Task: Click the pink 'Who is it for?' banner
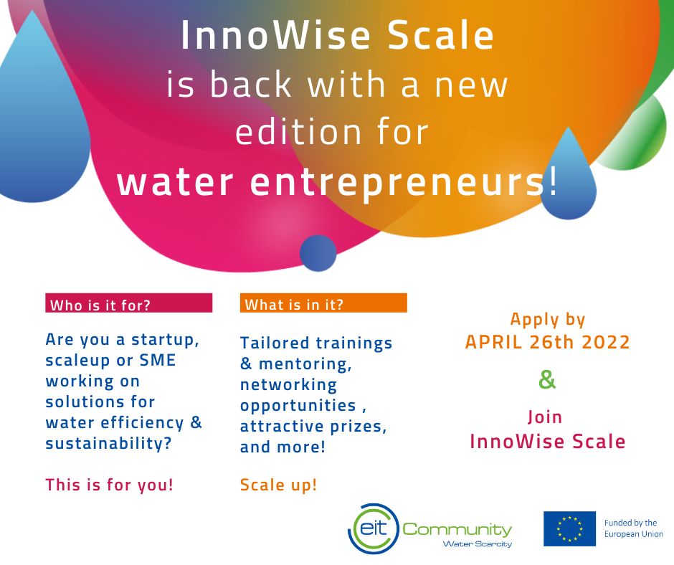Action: tap(129, 303)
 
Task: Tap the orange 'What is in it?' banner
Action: tap(323, 303)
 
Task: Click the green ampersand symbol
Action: tap(547, 380)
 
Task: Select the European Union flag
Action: tap(569, 528)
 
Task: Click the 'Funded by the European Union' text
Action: tap(634, 528)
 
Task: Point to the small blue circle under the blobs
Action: tap(318, 253)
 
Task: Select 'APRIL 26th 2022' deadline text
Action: tap(548, 342)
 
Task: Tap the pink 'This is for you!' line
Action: tap(110, 485)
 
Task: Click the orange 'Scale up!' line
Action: tap(278, 485)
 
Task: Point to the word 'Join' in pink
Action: tap(545, 417)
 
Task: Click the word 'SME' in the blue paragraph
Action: tap(158, 360)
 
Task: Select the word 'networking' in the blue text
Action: tap(288, 385)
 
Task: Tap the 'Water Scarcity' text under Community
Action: tap(477, 544)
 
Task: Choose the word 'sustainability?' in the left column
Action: tap(108, 443)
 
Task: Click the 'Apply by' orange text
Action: tap(548, 320)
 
